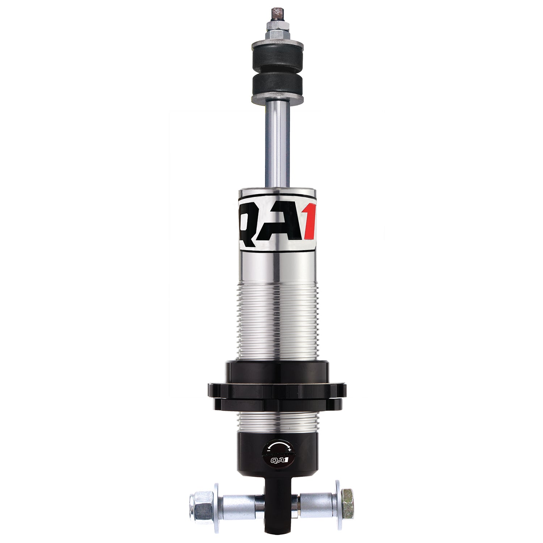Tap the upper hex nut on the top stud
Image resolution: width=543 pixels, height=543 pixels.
pos(278,26)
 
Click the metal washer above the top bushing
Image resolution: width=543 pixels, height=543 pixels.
pos(278,44)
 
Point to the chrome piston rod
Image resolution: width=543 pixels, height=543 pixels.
pos(278,145)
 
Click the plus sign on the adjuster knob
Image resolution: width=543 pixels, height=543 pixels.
pos(290,449)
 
